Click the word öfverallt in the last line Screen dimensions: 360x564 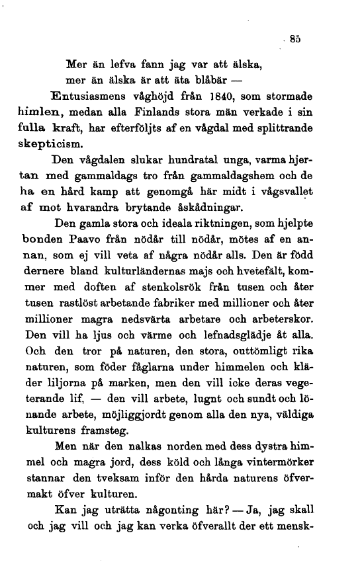pyautogui.click(x=213, y=528)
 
